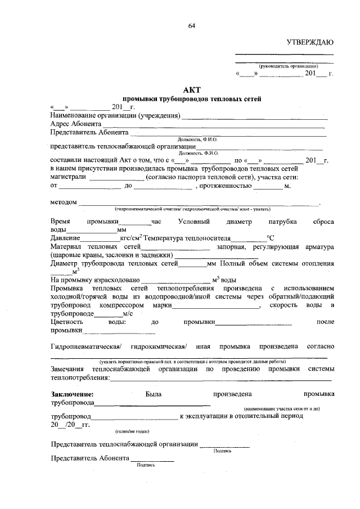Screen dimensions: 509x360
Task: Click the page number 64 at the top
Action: (192, 26)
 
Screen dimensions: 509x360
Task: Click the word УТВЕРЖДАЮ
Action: (310, 43)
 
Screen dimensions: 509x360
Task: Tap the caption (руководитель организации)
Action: (285, 66)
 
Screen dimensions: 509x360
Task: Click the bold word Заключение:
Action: (71, 394)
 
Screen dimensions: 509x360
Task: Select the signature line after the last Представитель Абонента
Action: (152, 462)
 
